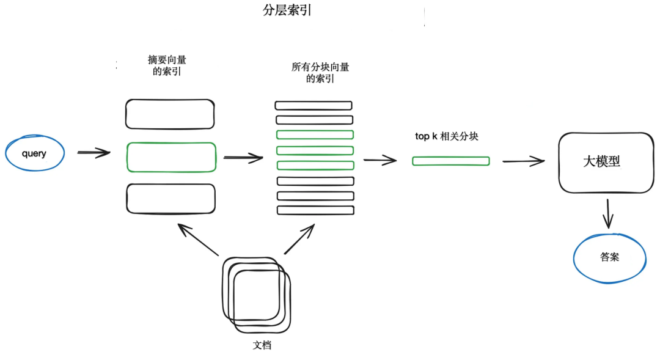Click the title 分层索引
[287, 11]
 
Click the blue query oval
[34, 153]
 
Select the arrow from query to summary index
[94, 153]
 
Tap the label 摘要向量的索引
[167, 65]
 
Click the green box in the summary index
[171, 157]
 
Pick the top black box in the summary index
[170, 114]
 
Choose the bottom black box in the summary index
[170, 199]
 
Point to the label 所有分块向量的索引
[320, 73]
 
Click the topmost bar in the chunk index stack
[314, 105]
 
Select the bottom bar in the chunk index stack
[315, 210]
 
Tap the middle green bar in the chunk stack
[315, 150]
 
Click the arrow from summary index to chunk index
[243, 158]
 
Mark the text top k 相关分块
[446, 136]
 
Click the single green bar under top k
[451, 161]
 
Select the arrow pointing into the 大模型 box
[523, 161]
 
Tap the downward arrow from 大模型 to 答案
[607, 214]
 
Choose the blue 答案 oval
[609, 257]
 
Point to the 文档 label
[262, 345]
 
